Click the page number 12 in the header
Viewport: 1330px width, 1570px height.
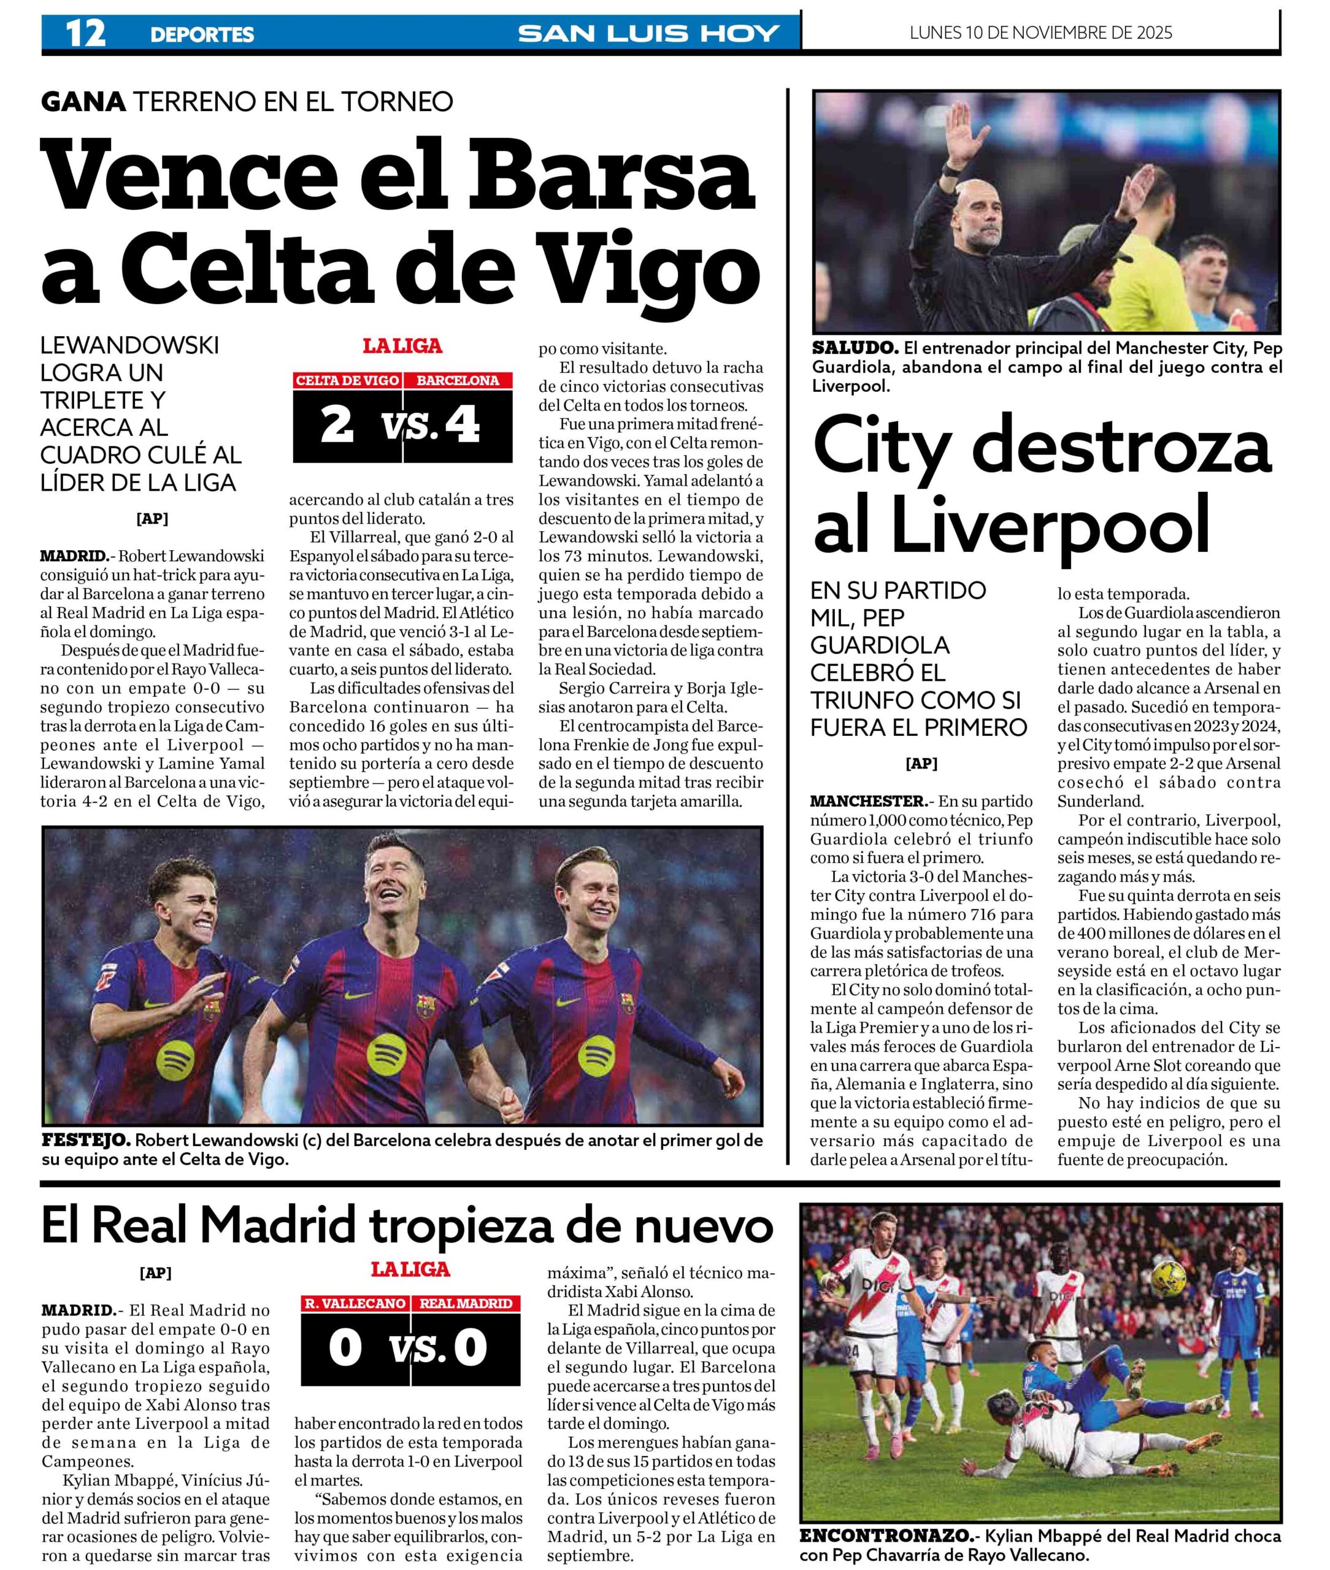[85, 33]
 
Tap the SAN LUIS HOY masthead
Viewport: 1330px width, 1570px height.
[648, 33]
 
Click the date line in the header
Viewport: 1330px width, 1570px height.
[1040, 33]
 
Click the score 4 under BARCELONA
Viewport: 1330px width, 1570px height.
[461, 425]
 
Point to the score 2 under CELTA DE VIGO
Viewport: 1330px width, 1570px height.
[336, 425]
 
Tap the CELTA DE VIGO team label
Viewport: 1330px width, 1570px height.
[347, 381]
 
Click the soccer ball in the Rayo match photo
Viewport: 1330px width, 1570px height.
[1188, 1273]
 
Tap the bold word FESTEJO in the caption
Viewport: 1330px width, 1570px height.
[86, 1140]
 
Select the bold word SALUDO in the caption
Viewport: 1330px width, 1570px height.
[854, 348]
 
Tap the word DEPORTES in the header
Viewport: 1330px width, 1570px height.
[202, 34]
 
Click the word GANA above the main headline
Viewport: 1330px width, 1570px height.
[83, 101]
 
